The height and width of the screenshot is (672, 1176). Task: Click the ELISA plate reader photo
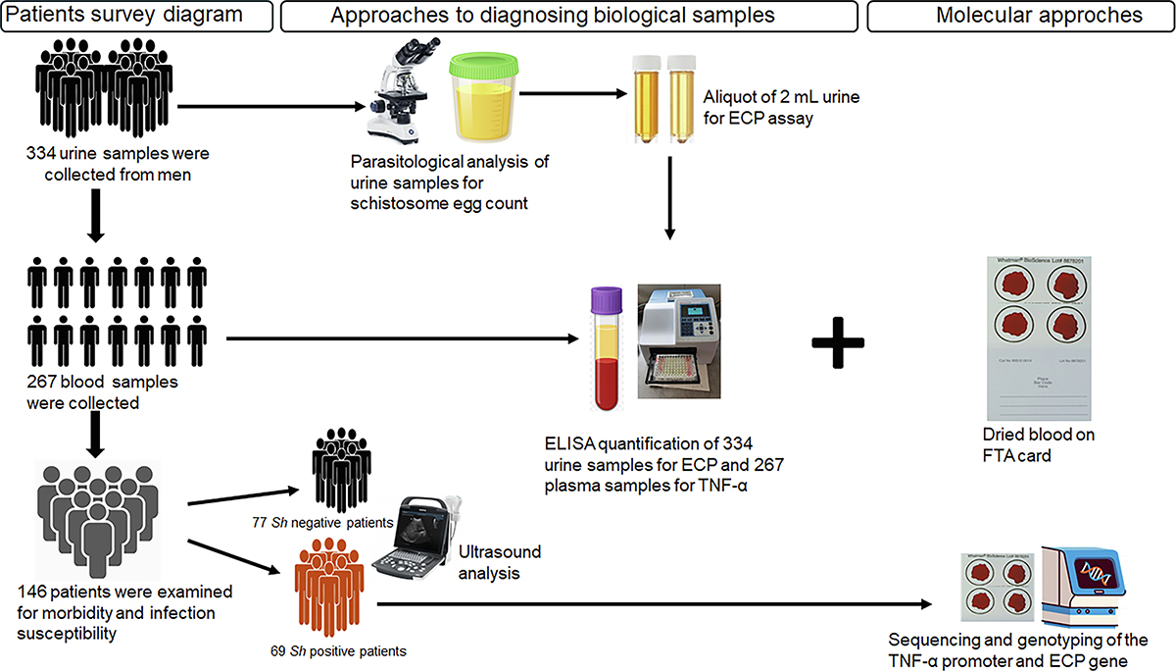pos(688,342)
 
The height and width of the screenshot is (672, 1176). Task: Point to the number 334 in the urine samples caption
pos(44,153)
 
